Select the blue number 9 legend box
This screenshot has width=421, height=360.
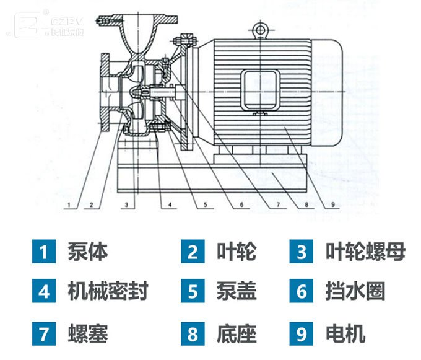click(x=302, y=335)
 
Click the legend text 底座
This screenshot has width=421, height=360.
click(x=237, y=335)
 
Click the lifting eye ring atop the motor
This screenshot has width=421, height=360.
click(x=258, y=29)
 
